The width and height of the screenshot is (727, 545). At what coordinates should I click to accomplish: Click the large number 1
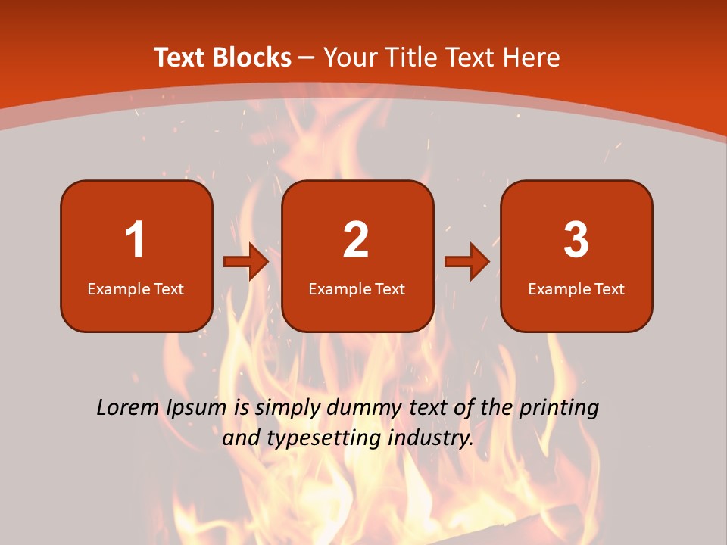click(135, 241)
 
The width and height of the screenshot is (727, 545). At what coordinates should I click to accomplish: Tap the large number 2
click(356, 241)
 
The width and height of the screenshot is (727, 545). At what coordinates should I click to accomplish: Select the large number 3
click(576, 241)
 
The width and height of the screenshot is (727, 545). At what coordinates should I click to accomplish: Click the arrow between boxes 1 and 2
click(246, 262)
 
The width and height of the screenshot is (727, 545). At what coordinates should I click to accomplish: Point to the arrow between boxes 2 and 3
click(467, 262)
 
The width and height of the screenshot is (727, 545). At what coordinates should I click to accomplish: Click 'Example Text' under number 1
click(136, 288)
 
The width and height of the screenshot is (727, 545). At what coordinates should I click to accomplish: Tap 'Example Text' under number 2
click(357, 288)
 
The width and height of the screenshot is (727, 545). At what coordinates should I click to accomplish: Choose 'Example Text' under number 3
click(576, 288)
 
